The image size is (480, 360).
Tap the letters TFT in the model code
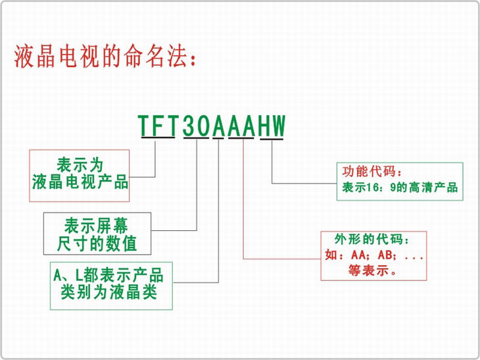click(158, 125)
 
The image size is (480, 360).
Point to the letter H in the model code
click(264, 125)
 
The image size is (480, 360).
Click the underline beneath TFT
click(158, 138)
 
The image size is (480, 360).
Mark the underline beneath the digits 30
click(196, 138)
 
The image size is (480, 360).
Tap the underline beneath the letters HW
click(272, 139)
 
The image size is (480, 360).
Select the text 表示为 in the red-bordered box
click(80, 165)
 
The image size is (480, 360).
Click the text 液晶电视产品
click(80, 182)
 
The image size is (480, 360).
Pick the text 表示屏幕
click(96, 226)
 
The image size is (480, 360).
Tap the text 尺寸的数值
click(97, 244)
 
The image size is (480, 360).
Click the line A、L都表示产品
click(108, 275)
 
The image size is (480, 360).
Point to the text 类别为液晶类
click(109, 292)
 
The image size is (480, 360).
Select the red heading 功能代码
click(369, 171)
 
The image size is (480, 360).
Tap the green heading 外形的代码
click(369, 240)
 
